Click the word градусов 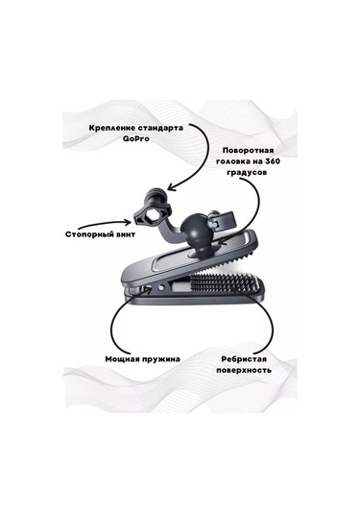click(x=254, y=176)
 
